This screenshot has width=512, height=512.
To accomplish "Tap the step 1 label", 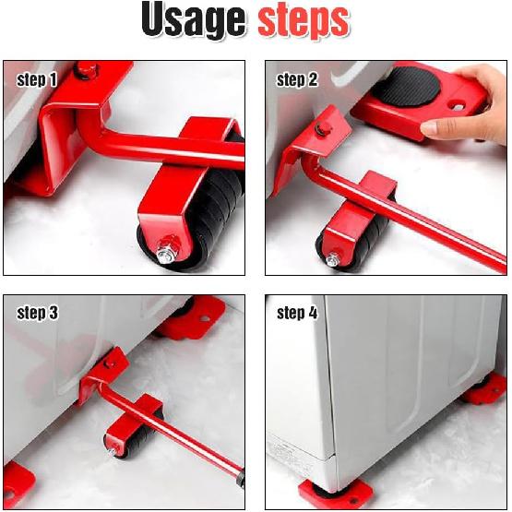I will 37,80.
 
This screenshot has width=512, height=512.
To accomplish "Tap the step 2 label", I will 297,80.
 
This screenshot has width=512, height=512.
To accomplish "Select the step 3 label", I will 37,314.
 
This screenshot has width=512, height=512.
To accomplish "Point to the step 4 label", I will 297,314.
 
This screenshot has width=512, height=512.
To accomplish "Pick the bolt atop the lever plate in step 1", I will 86,69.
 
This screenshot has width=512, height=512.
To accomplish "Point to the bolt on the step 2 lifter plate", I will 322,128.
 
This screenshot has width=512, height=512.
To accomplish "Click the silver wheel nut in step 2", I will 332,259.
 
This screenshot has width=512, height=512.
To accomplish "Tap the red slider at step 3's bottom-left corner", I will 16,482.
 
